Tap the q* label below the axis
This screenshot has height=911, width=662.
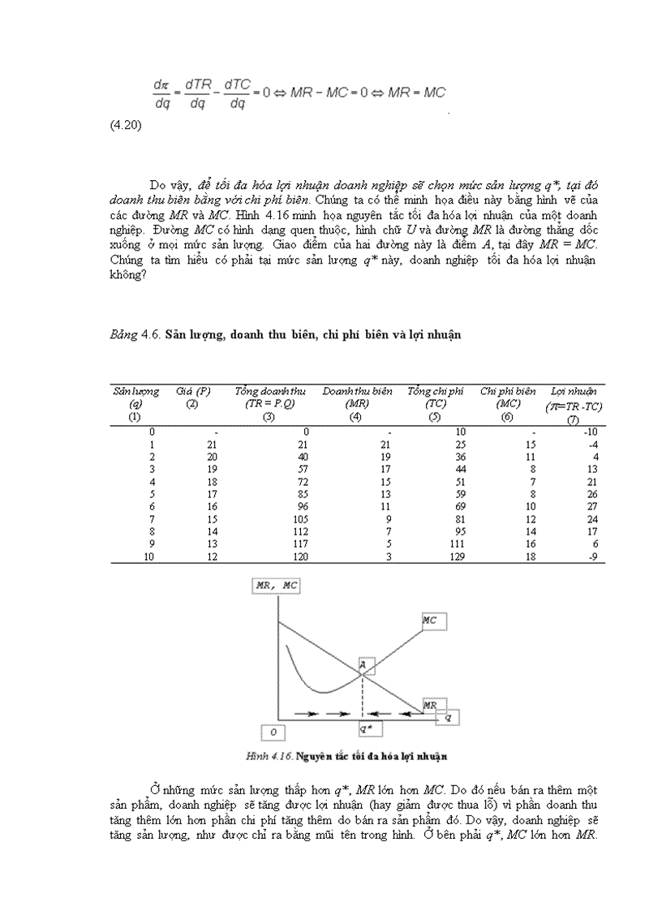coord(364,728)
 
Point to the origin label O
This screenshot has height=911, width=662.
coord(273,733)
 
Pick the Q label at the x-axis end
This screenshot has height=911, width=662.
coord(449,717)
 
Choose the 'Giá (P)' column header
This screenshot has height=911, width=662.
coord(193,391)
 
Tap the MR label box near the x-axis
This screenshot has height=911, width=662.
coord(429,706)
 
